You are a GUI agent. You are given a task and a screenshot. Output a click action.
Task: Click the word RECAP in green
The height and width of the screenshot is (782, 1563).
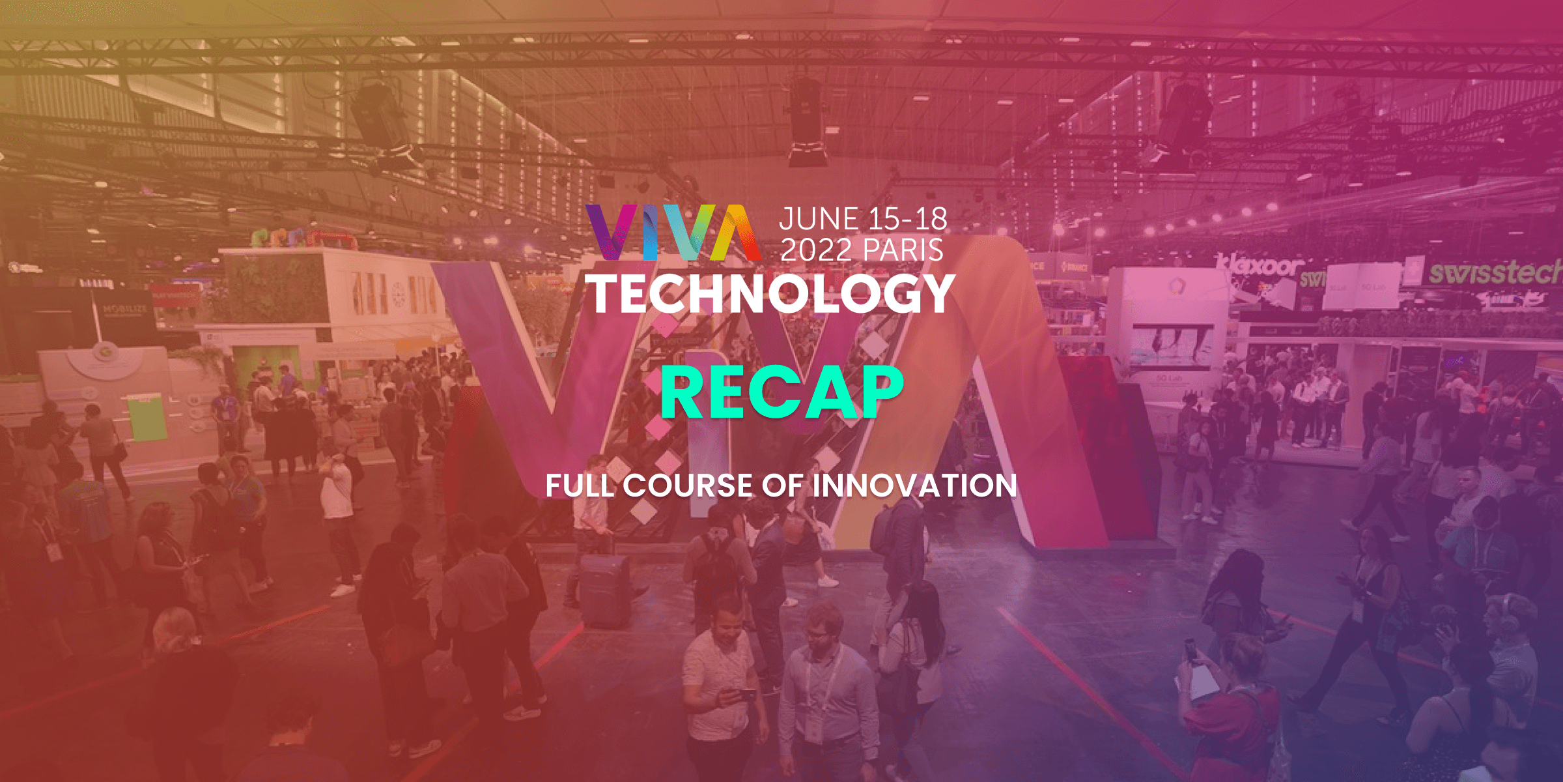781,392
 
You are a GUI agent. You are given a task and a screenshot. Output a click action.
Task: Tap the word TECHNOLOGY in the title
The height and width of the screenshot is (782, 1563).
772,293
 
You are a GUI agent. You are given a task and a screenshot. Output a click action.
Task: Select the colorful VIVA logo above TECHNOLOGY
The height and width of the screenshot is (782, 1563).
673,233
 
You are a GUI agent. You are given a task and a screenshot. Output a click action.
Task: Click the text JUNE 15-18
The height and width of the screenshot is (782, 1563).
863,219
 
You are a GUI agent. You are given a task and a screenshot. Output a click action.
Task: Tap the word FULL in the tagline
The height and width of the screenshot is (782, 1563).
580,485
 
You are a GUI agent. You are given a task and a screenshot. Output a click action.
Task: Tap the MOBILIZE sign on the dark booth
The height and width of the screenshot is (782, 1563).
125,309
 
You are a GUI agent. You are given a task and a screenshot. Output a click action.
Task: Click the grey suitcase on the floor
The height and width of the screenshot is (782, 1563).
604,590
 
